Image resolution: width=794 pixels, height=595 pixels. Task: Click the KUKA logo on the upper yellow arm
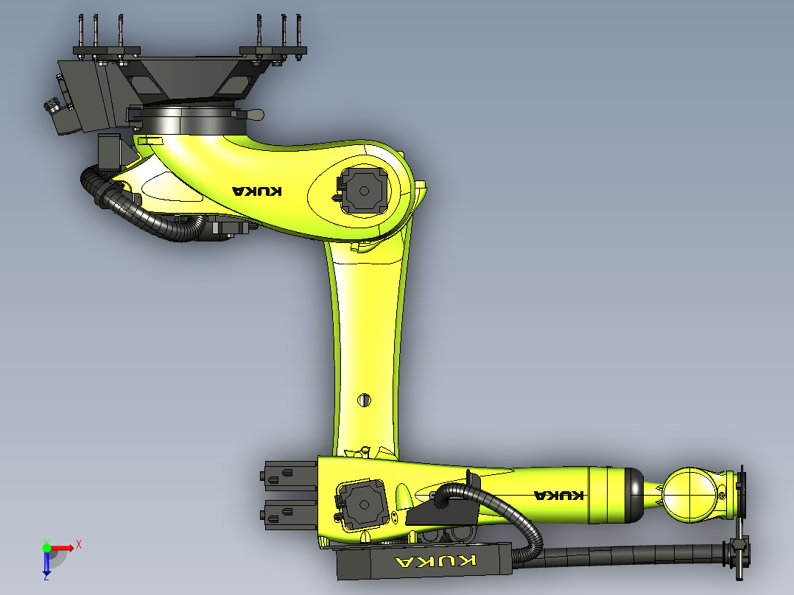[257, 191]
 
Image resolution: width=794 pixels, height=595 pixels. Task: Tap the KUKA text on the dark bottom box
[435, 562]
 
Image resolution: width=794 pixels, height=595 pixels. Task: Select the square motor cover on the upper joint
[362, 189]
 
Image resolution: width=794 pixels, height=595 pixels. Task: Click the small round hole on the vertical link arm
[365, 400]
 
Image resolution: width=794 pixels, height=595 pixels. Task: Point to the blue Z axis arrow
[46, 564]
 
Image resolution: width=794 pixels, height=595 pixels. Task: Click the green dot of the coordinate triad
[46, 547]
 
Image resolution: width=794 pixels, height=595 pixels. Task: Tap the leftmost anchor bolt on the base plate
[80, 33]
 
